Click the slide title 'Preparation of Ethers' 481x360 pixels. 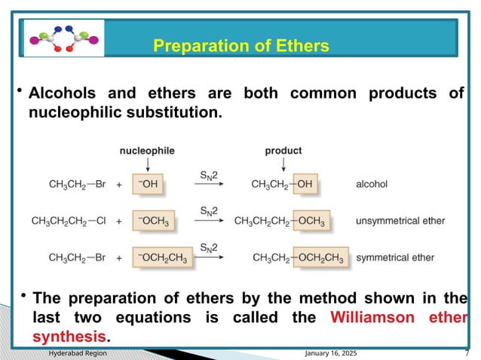[x=240, y=46]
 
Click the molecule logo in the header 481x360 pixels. [x=63, y=38]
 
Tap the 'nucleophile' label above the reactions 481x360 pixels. [x=147, y=151]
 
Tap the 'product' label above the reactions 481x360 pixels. [x=283, y=151]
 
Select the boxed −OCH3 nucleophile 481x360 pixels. [x=153, y=221]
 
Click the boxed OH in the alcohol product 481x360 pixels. [x=305, y=183]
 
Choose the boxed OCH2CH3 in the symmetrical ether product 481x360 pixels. [x=320, y=258]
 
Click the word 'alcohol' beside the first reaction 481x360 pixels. [x=372, y=183]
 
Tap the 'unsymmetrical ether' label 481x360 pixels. [x=400, y=221]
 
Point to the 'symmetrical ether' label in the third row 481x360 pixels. [x=394, y=258]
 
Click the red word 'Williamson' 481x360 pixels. [x=372, y=316]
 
